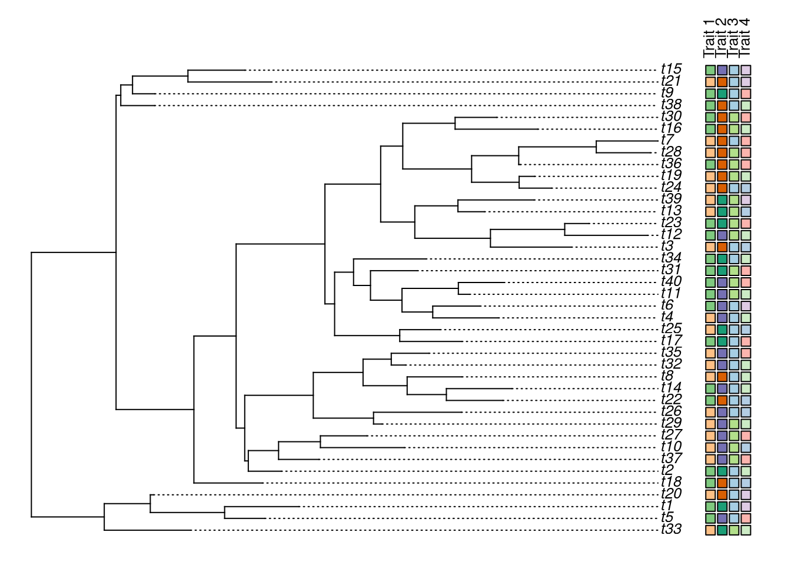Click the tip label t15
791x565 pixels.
click(671, 69)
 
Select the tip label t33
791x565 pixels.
click(671, 529)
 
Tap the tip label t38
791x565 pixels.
click(671, 105)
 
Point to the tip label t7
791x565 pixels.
click(667, 140)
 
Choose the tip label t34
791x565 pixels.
click(671, 258)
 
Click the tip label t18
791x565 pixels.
click(671, 482)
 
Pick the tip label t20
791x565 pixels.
click(671, 494)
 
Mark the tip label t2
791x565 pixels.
click(667, 470)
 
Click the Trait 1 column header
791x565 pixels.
click(710, 38)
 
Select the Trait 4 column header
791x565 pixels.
click(745, 38)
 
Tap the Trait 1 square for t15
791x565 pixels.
click(710, 70)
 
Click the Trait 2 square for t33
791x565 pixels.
click(722, 530)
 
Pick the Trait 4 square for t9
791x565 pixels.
click(746, 94)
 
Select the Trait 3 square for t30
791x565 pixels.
click(734, 117)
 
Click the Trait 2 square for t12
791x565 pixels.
click(722, 235)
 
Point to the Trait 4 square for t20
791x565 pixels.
click(746, 494)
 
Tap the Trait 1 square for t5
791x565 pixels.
click(710, 518)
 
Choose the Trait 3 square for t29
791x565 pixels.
click(734, 424)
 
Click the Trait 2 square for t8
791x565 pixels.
click(722, 377)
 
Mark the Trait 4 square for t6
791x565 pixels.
click(746, 306)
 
